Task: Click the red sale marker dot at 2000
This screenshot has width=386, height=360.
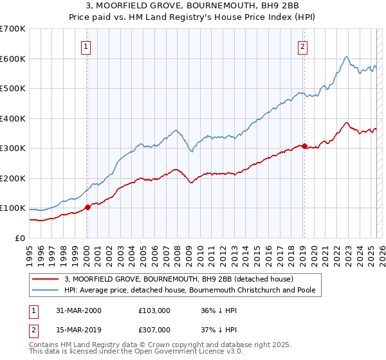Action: point(87,207)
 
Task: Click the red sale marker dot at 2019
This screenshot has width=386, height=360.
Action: point(304,146)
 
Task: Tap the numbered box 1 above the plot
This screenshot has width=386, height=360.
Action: point(86,46)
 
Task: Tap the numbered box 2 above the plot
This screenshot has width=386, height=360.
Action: point(302,46)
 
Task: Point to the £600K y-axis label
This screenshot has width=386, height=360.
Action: point(13,59)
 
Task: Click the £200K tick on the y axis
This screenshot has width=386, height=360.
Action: point(13,178)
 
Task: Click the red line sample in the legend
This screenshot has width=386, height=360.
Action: point(46,279)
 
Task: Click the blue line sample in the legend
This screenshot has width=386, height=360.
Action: point(46,291)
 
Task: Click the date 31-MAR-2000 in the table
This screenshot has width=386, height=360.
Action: point(78,310)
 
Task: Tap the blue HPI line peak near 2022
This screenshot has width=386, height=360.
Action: point(346,57)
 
